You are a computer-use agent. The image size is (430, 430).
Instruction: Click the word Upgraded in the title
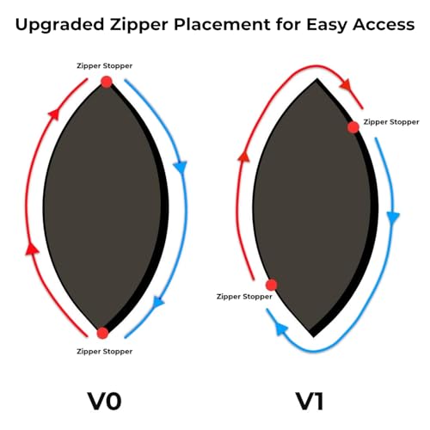tap(59, 25)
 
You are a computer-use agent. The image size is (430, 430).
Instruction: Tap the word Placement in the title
tap(222, 24)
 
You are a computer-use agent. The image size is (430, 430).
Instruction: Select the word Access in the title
tap(384, 25)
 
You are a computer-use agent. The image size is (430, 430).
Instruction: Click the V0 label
tap(104, 402)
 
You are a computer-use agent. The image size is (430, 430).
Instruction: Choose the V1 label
tap(310, 402)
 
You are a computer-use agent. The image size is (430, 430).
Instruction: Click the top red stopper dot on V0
tap(107, 82)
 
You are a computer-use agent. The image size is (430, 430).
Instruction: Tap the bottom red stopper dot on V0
tap(102, 333)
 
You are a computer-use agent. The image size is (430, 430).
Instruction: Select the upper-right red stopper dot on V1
tap(353, 127)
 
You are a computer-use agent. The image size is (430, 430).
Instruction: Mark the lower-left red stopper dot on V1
tap(271, 285)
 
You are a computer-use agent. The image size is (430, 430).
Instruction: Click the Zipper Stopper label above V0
tap(104, 66)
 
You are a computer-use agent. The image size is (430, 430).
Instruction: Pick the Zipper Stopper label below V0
tap(104, 352)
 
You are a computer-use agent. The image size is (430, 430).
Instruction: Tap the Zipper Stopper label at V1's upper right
tap(391, 122)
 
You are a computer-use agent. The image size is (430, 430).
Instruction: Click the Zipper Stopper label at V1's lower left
tap(244, 297)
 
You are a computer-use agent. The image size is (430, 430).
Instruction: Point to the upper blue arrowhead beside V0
tap(181, 168)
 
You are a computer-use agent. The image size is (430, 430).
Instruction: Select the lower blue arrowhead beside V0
tap(157, 302)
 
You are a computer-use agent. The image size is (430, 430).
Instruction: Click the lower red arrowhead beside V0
tap(32, 249)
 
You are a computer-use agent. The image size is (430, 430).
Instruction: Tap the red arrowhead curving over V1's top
tap(345, 85)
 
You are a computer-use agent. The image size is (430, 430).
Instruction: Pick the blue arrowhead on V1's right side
tap(393, 217)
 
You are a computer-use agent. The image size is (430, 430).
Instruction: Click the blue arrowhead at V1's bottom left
tap(281, 329)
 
